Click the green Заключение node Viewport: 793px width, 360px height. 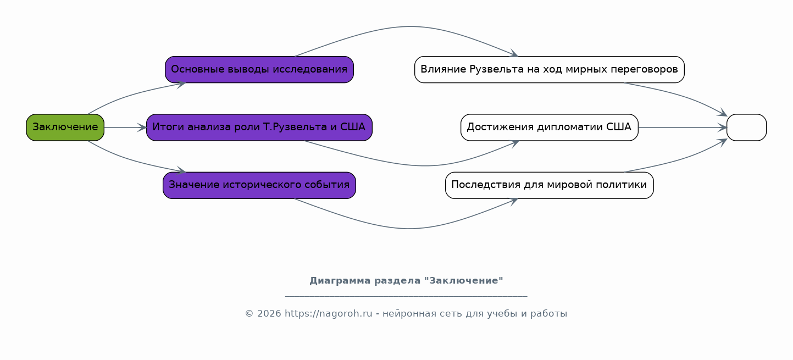click(x=65, y=128)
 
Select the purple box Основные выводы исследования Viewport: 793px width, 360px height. click(x=259, y=69)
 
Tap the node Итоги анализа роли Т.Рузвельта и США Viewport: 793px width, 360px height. click(x=259, y=128)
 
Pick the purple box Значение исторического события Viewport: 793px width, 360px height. click(x=259, y=185)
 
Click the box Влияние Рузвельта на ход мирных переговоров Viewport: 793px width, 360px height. click(x=550, y=69)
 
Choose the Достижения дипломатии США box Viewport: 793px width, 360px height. click(x=550, y=128)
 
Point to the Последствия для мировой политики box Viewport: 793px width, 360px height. click(x=550, y=185)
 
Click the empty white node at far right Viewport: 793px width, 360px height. click(x=747, y=128)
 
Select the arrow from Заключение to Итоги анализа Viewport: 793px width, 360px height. click(x=125, y=128)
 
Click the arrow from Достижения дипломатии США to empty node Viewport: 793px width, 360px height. click(x=683, y=128)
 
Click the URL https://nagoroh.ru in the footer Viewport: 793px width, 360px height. click(x=329, y=314)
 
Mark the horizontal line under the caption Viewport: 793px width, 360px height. click(x=406, y=296)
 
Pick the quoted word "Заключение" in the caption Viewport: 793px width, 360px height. click(x=463, y=281)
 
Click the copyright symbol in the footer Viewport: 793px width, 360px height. click(x=249, y=314)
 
